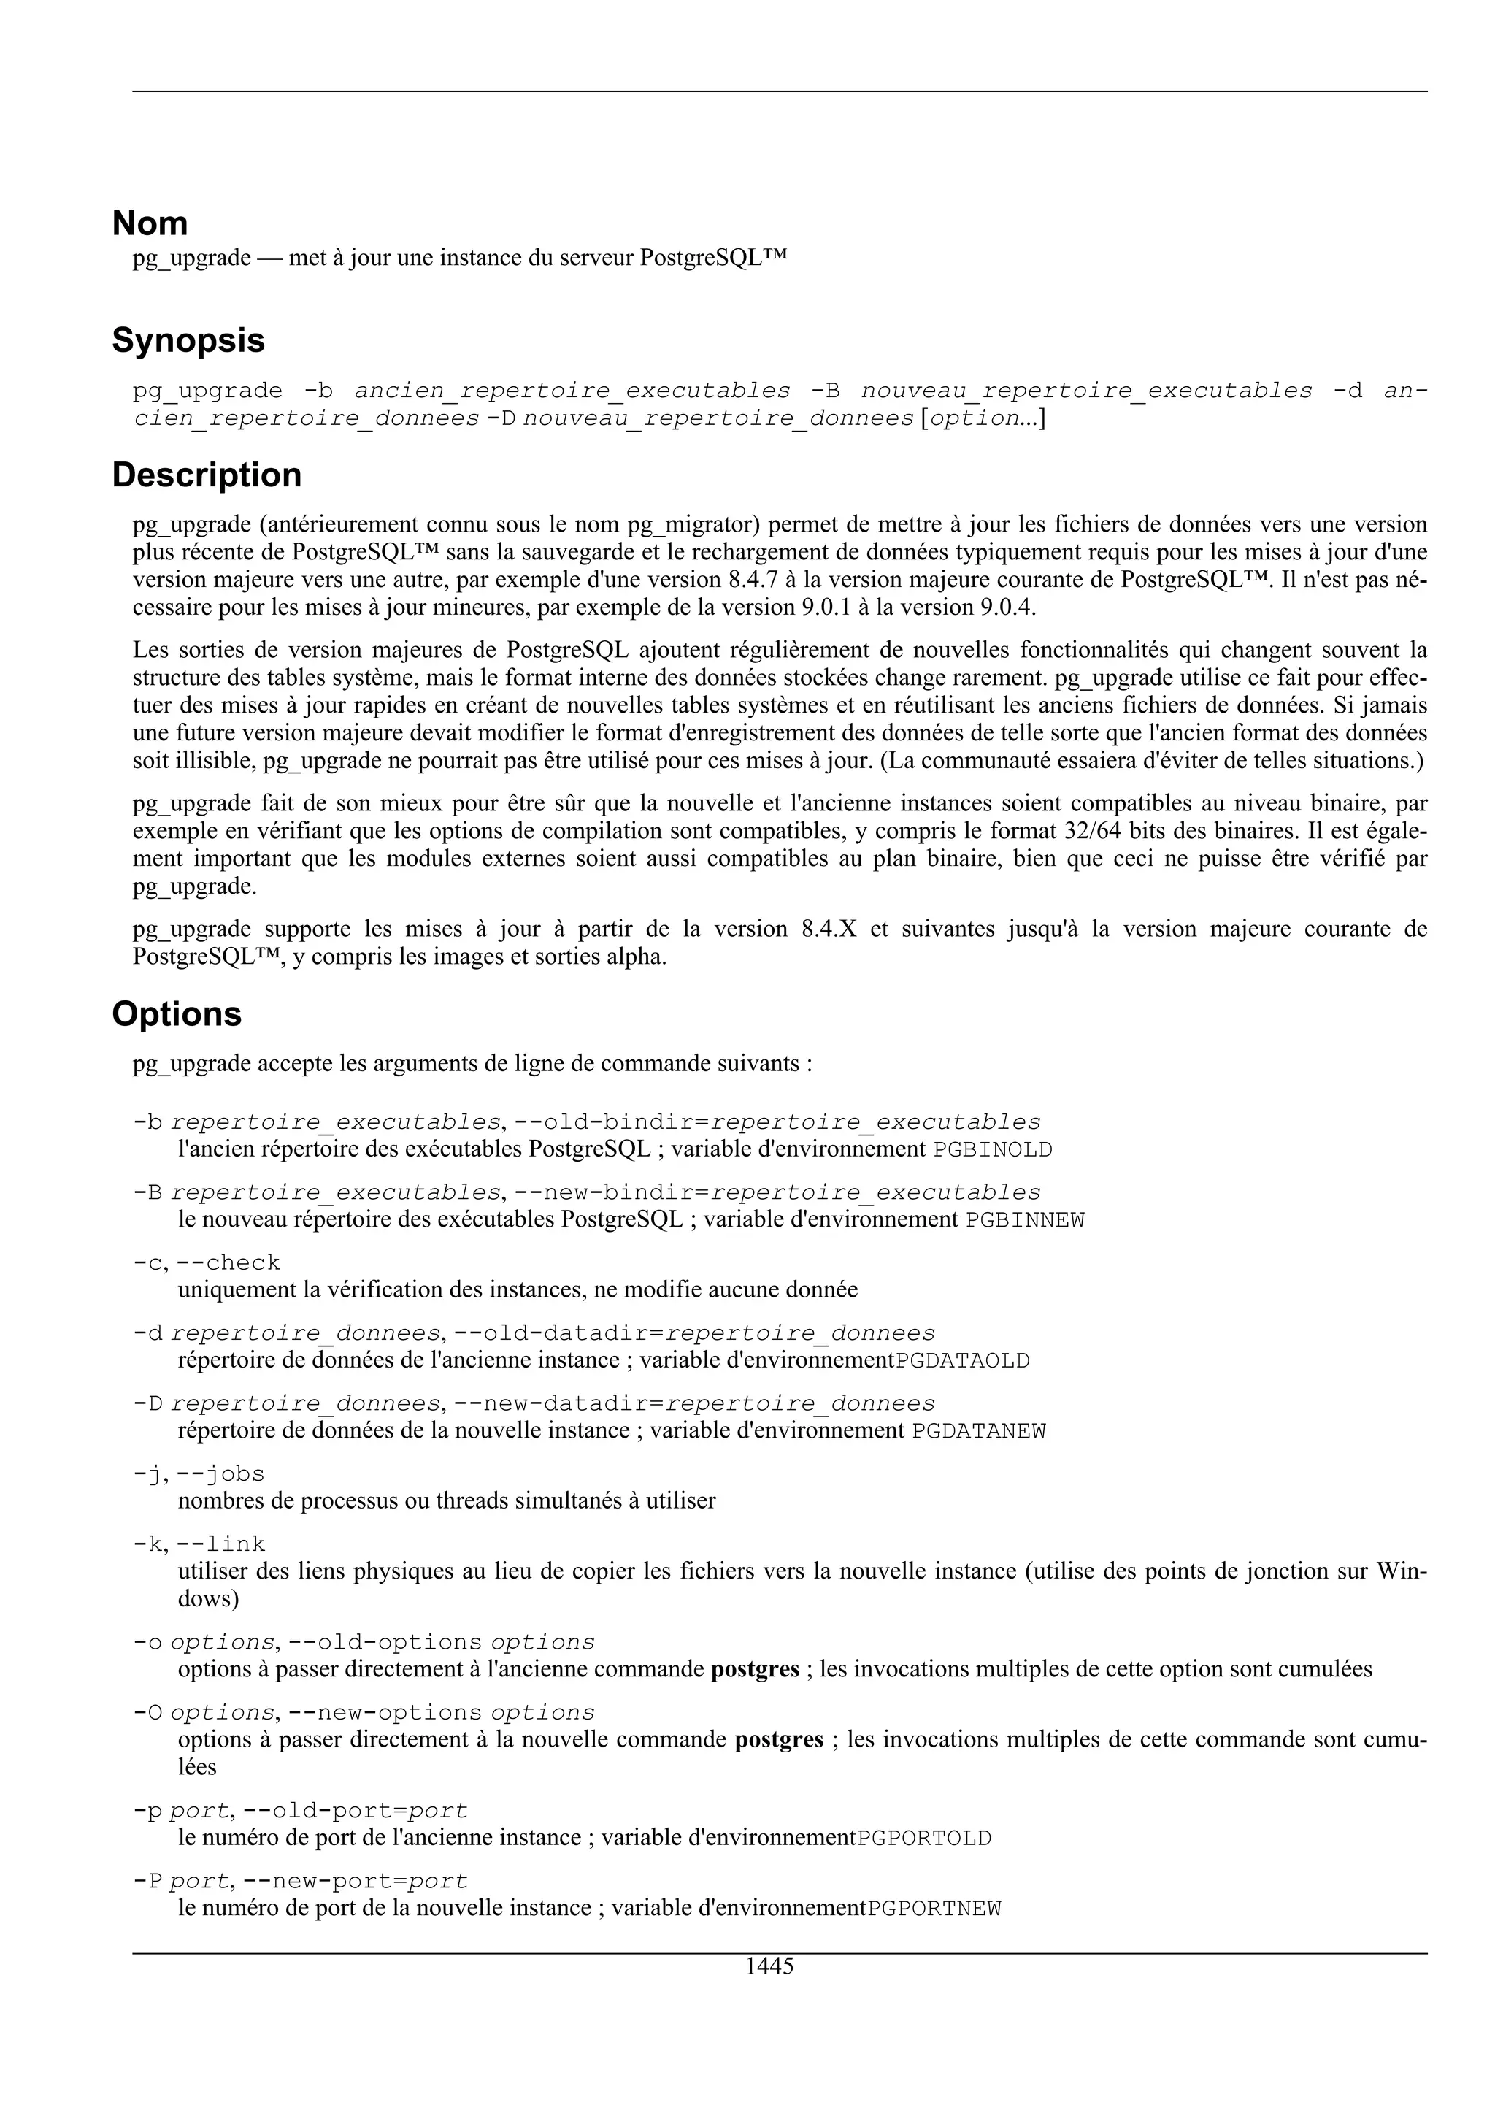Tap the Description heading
[207, 475]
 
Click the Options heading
[176, 1015]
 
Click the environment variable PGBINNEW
[1024, 1220]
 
